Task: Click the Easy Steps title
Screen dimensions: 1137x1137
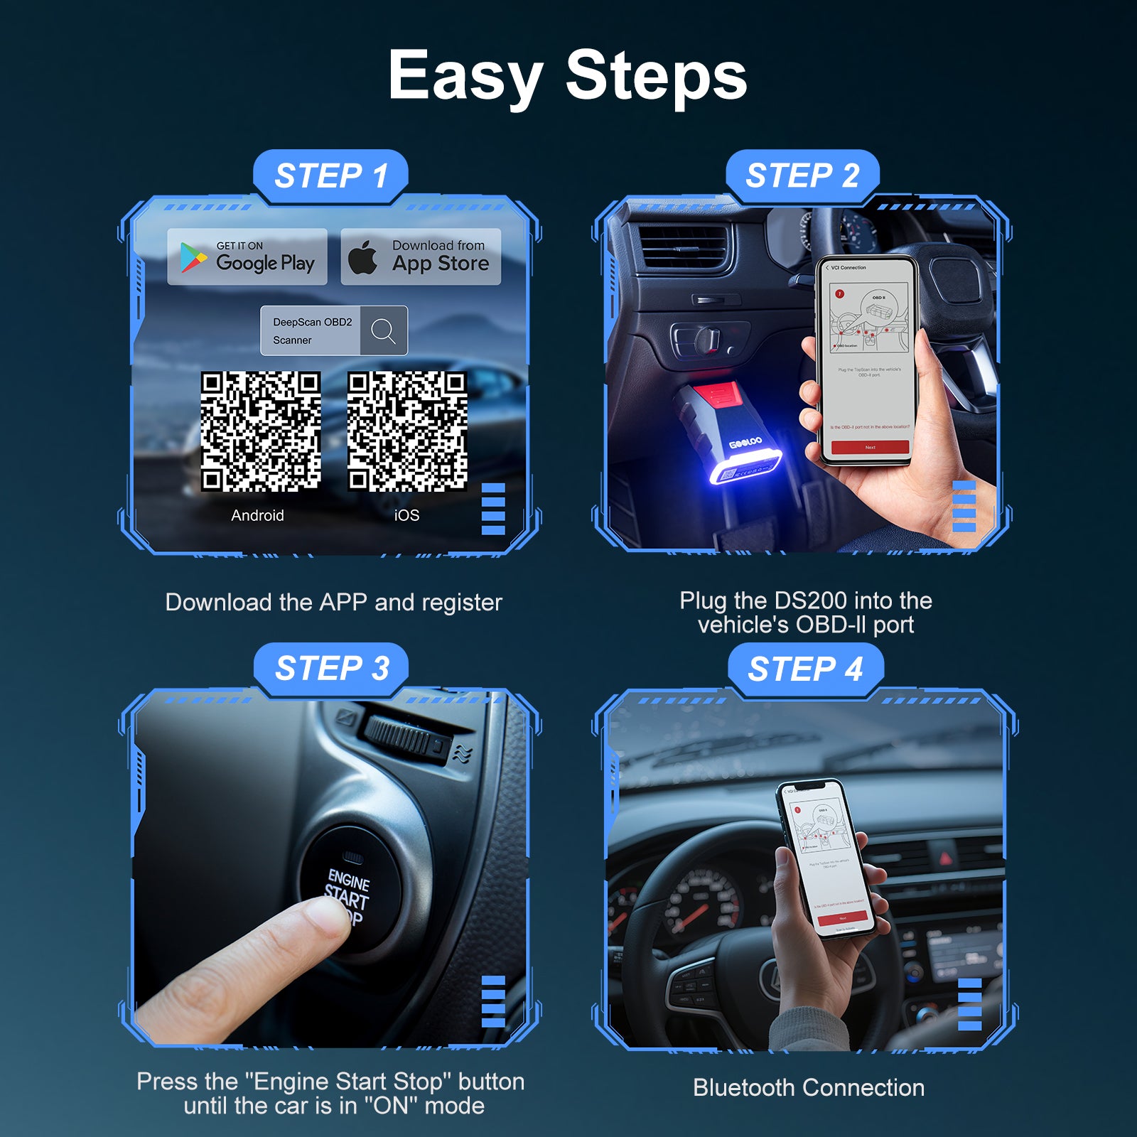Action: point(567,75)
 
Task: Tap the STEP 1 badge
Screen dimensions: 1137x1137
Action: point(331,176)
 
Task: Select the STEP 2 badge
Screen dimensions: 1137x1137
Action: point(802,176)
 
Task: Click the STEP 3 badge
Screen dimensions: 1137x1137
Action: point(331,669)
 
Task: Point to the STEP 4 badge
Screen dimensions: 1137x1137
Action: point(805,669)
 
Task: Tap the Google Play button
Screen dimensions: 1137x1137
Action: point(247,257)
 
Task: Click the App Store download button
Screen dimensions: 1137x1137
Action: point(421,257)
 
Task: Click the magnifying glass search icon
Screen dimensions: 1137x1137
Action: point(384,330)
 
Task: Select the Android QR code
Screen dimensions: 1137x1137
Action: point(261,431)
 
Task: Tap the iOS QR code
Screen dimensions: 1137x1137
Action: point(407,431)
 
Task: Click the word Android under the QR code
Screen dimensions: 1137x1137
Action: point(257,515)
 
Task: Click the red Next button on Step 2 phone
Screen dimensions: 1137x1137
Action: point(870,447)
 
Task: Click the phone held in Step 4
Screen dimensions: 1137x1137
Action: point(828,860)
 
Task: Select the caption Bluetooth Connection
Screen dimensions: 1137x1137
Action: point(809,1088)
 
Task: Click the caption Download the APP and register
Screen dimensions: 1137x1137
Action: point(333,603)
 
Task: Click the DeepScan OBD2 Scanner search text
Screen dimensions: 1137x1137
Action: point(311,330)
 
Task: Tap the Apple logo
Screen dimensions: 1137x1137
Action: point(363,257)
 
